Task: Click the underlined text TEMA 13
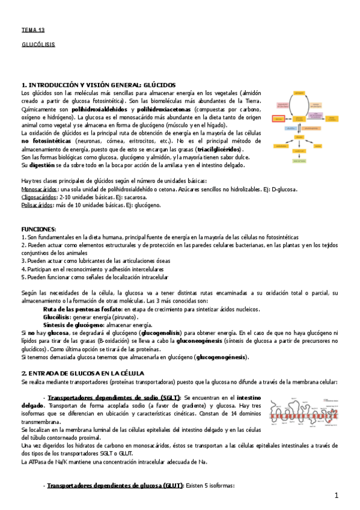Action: [x=33, y=29]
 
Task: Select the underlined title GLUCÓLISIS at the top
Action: [x=37, y=45]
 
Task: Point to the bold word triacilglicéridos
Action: [x=215, y=149]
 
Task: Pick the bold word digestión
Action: [x=41, y=165]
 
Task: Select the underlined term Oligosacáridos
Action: [x=35, y=197]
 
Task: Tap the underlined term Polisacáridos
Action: [x=35, y=205]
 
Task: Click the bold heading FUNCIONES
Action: [x=38, y=229]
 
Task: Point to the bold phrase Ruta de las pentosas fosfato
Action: [x=82, y=308]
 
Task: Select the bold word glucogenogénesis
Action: [x=221, y=357]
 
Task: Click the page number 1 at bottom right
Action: [x=337, y=495]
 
